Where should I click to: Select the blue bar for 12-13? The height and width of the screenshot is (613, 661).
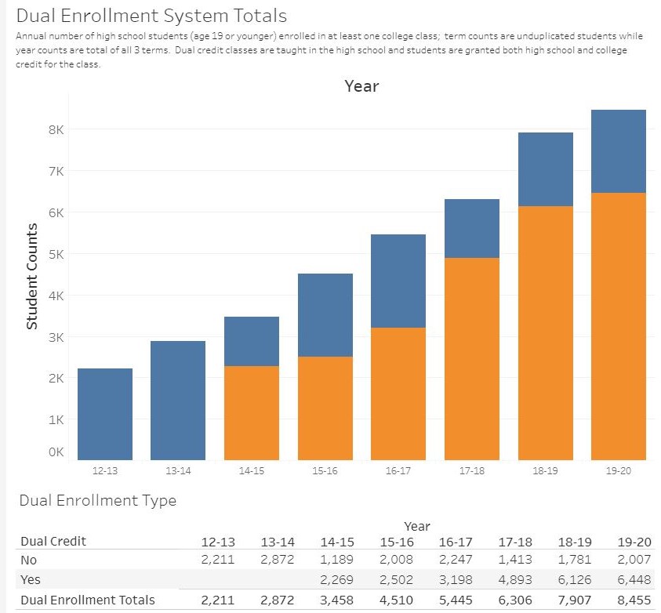click(105, 414)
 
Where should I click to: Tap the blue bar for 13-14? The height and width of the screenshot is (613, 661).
click(178, 400)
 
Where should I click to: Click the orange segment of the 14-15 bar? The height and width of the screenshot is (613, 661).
click(252, 412)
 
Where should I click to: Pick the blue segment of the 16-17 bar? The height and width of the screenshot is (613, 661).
click(398, 281)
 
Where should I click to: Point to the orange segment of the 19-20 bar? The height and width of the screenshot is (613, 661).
click(619, 326)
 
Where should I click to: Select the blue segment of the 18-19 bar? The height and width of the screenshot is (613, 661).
click(545, 169)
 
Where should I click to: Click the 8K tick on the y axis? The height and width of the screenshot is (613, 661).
click(56, 129)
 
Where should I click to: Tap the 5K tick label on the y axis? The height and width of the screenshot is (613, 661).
click(56, 254)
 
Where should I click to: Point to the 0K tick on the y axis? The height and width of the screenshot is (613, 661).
click(56, 452)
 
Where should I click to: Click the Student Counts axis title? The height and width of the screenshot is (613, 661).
click(32, 276)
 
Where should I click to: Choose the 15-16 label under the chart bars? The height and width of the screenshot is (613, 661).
click(325, 470)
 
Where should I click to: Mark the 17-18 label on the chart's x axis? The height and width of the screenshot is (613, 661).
click(471, 470)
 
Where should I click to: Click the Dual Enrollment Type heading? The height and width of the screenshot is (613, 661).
click(97, 500)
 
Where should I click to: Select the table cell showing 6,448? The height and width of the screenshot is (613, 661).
click(634, 580)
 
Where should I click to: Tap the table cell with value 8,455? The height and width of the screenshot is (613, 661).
click(634, 600)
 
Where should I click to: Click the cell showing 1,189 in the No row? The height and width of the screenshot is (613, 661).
click(336, 560)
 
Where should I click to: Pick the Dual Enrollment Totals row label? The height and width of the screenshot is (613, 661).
click(86, 600)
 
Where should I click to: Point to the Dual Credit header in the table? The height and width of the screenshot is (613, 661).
click(52, 541)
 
